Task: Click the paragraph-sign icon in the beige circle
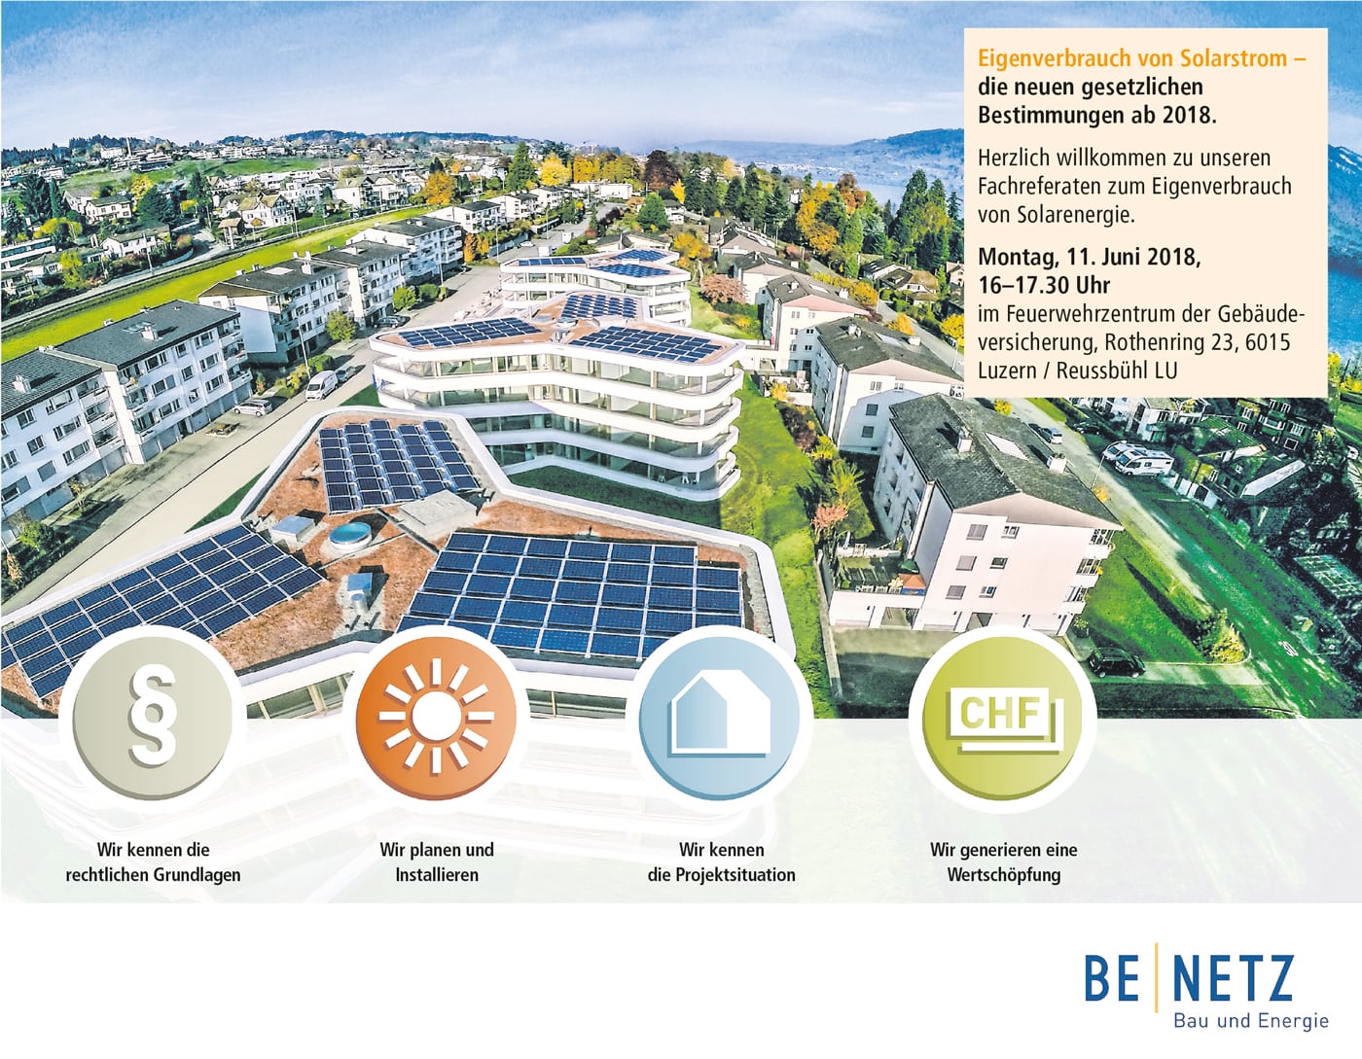(152, 716)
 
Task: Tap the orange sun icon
(436, 716)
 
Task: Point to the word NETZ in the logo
(1232, 979)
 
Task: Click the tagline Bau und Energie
(1251, 1021)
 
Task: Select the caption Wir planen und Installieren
(437, 862)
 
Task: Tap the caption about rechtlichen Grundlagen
(153, 862)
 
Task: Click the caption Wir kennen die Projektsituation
(722, 862)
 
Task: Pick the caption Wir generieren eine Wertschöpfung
(1004, 862)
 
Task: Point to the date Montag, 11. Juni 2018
(1090, 258)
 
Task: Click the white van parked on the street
(321, 384)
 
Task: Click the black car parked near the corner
(1116, 662)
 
